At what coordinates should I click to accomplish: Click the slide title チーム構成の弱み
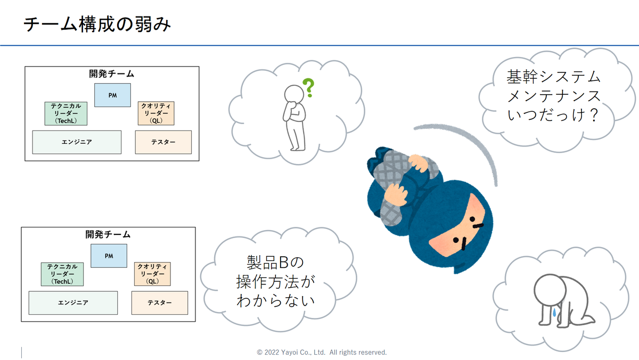click(x=97, y=24)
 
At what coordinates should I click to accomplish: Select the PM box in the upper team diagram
click(x=113, y=95)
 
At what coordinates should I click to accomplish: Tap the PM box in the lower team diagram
click(x=109, y=256)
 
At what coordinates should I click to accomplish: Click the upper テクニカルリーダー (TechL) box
click(x=66, y=113)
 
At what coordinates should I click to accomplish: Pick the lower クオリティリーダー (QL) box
click(x=152, y=274)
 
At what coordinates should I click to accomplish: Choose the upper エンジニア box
click(x=77, y=142)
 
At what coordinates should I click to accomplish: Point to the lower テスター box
click(x=160, y=302)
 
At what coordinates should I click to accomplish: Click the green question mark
click(x=309, y=87)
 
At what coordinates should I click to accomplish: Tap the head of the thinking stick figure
click(x=294, y=94)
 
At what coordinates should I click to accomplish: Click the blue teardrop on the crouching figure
click(x=554, y=312)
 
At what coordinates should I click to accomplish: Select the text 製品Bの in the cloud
click(x=275, y=263)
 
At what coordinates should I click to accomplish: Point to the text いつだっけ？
click(x=553, y=115)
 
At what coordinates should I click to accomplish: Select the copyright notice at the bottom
click(x=322, y=353)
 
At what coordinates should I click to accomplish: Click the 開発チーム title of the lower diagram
click(x=108, y=234)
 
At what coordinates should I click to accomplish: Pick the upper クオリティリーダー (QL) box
click(x=156, y=113)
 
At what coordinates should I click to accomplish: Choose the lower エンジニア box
click(x=73, y=302)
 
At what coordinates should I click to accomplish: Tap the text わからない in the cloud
click(x=276, y=301)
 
